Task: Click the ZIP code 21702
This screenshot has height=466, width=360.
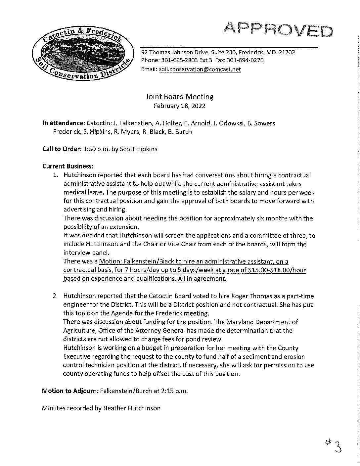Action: pyautogui.click(x=287, y=52)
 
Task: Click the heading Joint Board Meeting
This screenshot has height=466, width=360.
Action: pyautogui.click(x=179, y=97)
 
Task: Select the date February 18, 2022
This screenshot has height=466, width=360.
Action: pyautogui.click(x=179, y=106)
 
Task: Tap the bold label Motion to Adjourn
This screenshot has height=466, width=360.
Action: pyautogui.click(x=69, y=391)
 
